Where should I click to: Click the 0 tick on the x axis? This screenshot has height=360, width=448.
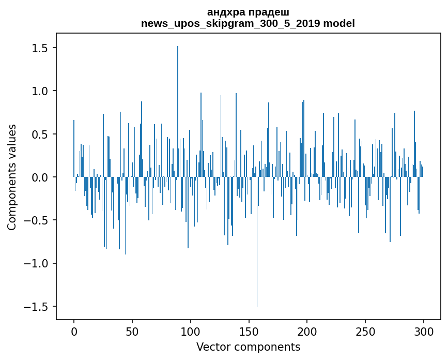click(x=74, y=331)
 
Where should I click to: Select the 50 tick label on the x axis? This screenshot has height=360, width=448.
click(x=132, y=331)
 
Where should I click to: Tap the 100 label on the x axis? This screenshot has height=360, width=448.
click(x=191, y=331)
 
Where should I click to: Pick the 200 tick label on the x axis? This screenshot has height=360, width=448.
click(x=307, y=331)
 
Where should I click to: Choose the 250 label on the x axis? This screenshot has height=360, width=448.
click(x=365, y=331)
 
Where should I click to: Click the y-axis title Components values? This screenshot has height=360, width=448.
click(x=12, y=177)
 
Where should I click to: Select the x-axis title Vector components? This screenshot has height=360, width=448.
click(x=248, y=347)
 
